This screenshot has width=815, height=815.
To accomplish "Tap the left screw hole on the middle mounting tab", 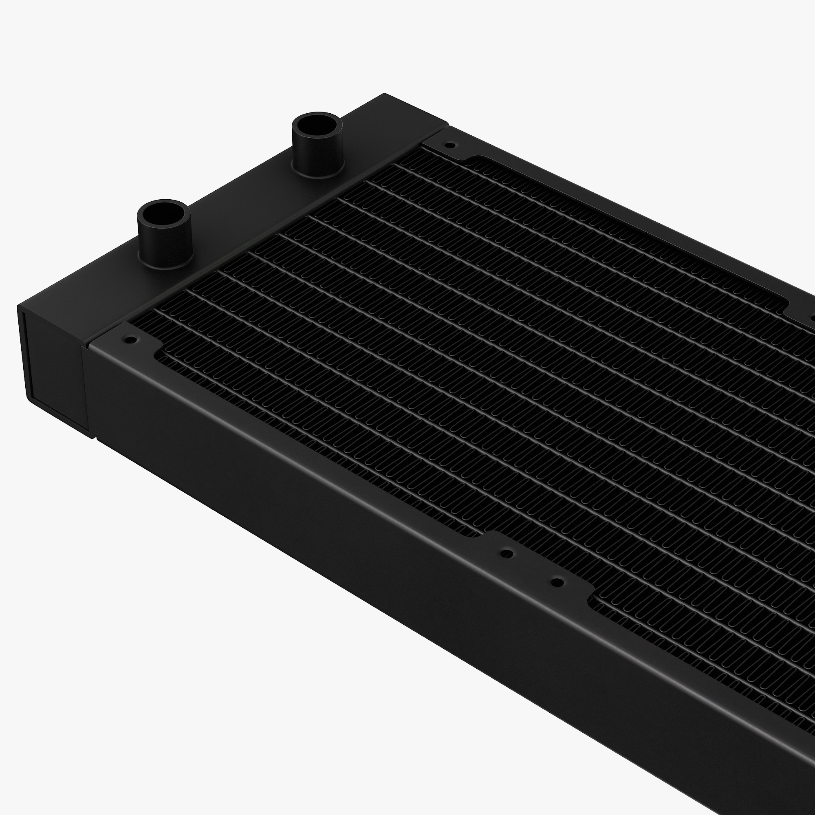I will [507, 552].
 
